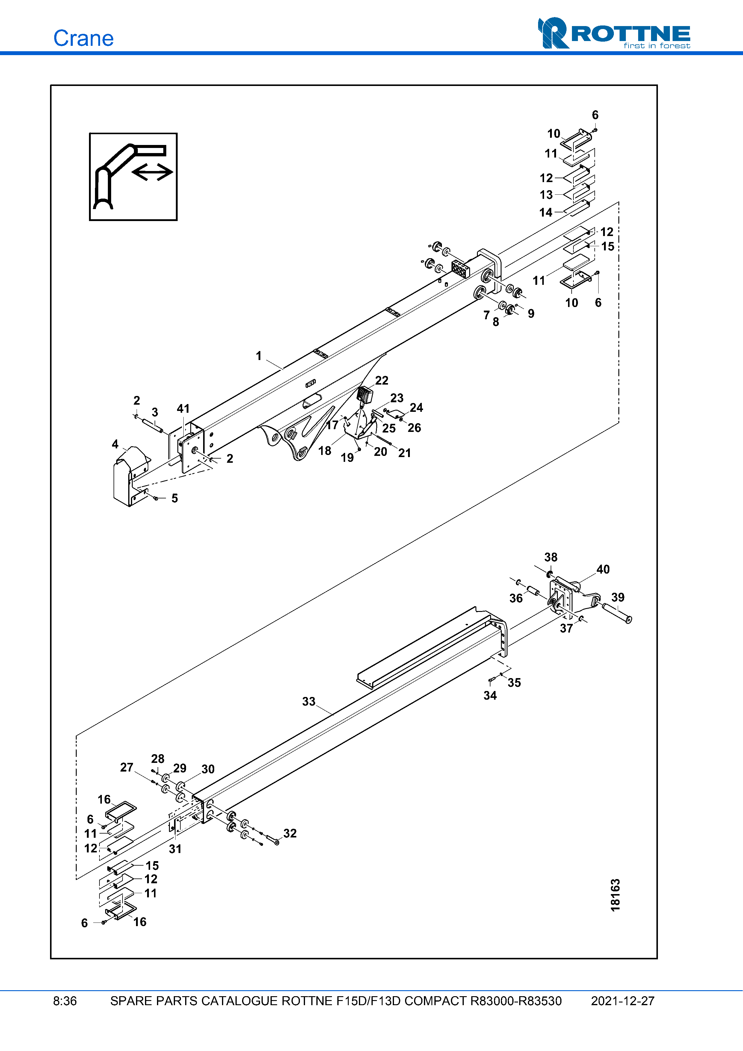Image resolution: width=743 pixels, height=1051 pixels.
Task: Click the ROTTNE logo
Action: pyautogui.click(x=614, y=34)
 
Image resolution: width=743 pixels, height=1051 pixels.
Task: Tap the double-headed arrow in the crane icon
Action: pyautogui.click(x=152, y=172)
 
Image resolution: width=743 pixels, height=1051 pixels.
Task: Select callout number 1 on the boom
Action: pyautogui.click(x=259, y=356)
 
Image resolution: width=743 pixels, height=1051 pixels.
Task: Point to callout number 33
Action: pyautogui.click(x=309, y=702)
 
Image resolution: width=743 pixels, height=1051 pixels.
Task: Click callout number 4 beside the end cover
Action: pyautogui.click(x=115, y=444)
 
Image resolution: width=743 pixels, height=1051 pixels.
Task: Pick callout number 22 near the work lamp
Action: pyautogui.click(x=381, y=380)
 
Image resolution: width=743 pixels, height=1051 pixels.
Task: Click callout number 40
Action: pyautogui.click(x=603, y=569)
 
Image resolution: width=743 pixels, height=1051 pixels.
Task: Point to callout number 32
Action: pyautogui.click(x=290, y=833)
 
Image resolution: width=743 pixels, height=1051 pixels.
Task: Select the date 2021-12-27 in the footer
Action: pyautogui.click(x=622, y=1001)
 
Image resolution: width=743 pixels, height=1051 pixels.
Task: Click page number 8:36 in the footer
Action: pyautogui.click(x=65, y=1001)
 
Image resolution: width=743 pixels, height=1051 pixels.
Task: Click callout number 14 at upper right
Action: pyautogui.click(x=546, y=212)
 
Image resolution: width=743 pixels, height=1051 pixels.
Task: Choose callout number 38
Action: pyautogui.click(x=551, y=557)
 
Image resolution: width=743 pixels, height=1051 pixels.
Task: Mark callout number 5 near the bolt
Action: pyautogui.click(x=174, y=498)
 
